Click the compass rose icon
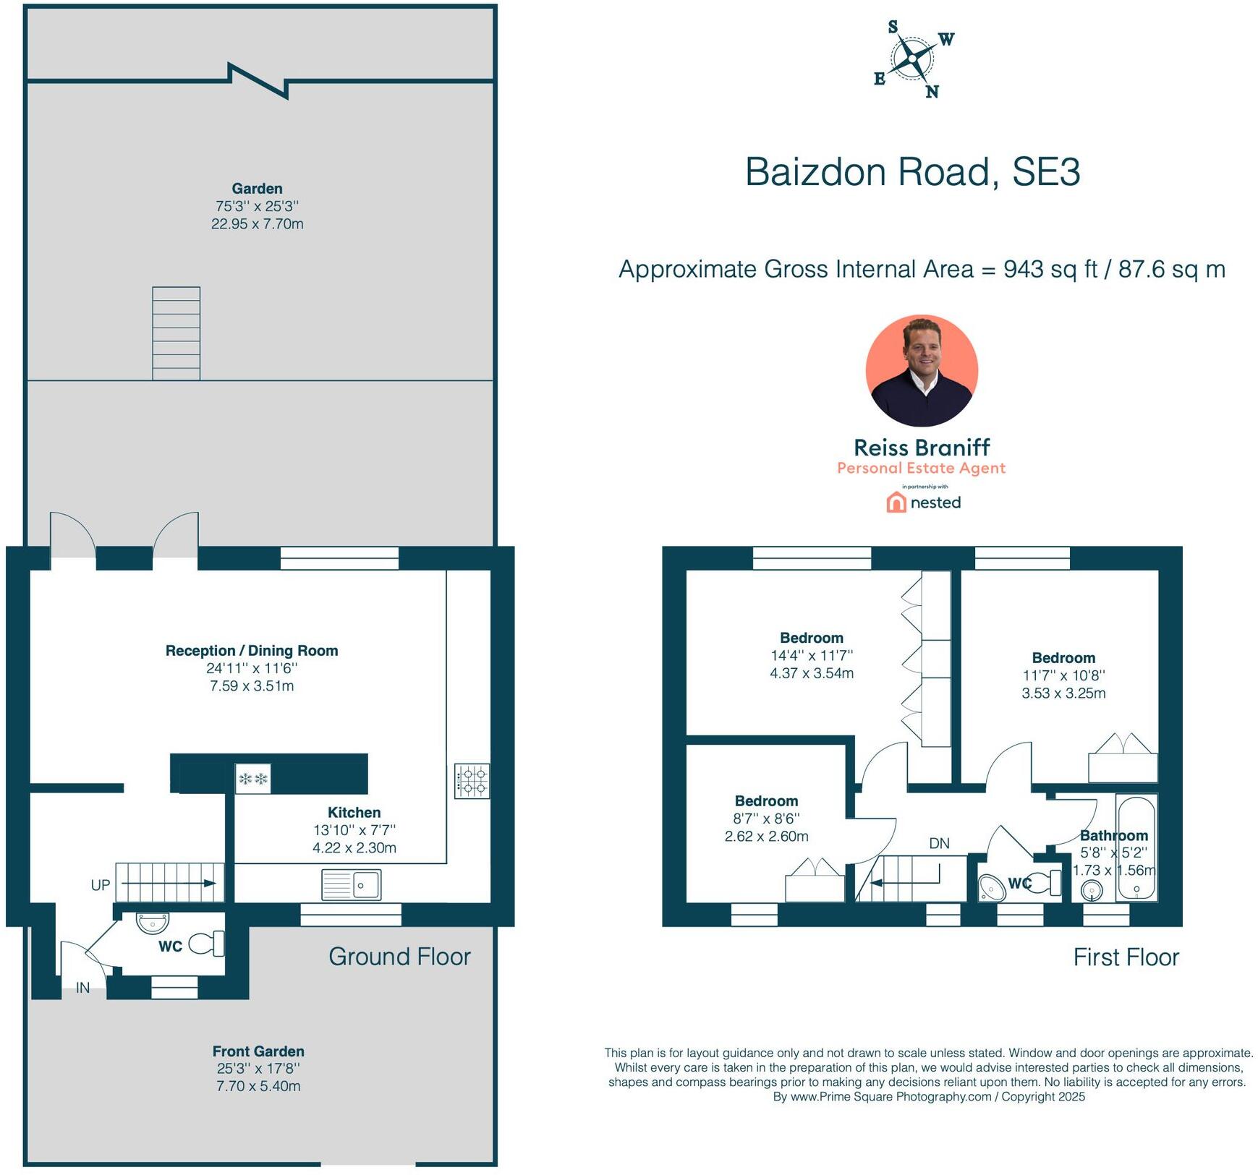point(914,59)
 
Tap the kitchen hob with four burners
point(472,781)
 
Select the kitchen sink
point(352,884)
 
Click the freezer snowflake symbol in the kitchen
point(253,779)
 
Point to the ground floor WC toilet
point(207,944)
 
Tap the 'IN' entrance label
point(83,988)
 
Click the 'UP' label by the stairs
point(101,885)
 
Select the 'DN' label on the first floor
point(939,843)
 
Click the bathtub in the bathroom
point(1136,847)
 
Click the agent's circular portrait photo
point(922,371)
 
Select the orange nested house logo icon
point(896,503)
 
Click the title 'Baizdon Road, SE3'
point(913,172)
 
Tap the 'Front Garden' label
point(258,1051)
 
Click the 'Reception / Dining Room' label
point(252,651)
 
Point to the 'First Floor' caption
point(1126,957)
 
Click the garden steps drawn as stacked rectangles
point(176,333)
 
